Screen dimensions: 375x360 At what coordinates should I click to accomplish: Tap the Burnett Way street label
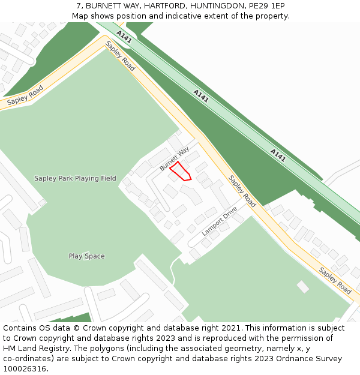click(175, 158)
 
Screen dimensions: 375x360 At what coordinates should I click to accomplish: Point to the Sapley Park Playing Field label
click(75, 178)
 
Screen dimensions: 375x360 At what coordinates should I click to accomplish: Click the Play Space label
click(86, 256)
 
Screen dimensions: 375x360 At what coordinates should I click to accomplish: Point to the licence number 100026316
click(25, 369)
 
